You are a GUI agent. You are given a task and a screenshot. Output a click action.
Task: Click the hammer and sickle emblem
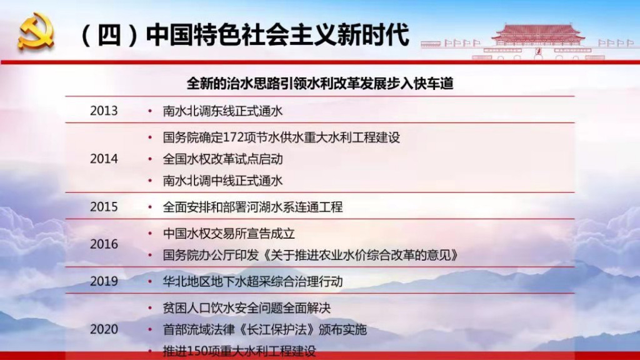point(36,31)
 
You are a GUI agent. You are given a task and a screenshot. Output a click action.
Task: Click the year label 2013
point(104,111)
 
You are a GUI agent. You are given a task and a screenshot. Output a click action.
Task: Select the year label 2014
point(104,159)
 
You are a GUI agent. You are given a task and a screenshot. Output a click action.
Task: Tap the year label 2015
point(104,206)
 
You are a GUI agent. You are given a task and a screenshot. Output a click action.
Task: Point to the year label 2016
point(104,244)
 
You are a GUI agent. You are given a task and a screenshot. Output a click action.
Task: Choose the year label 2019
point(104,281)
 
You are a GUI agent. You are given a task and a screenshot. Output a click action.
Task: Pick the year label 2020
point(104,329)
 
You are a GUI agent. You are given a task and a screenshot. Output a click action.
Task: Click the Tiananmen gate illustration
point(537,41)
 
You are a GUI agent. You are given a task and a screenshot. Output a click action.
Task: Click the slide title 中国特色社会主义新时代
point(277,35)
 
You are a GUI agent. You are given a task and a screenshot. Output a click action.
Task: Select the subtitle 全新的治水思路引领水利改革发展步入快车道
point(320,84)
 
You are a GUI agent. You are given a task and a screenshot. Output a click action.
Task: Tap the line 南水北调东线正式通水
point(222,111)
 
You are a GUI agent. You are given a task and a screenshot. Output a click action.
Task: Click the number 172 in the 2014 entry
point(234,137)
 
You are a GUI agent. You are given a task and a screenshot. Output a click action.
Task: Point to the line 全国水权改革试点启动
point(222,159)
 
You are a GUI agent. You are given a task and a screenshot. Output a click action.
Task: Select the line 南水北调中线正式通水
point(222,181)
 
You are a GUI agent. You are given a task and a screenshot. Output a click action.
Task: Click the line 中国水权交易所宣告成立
point(229,234)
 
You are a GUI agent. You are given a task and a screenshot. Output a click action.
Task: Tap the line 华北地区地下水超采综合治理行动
point(252,282)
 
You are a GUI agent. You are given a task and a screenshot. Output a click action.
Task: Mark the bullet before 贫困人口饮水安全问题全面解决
point(150,307)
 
